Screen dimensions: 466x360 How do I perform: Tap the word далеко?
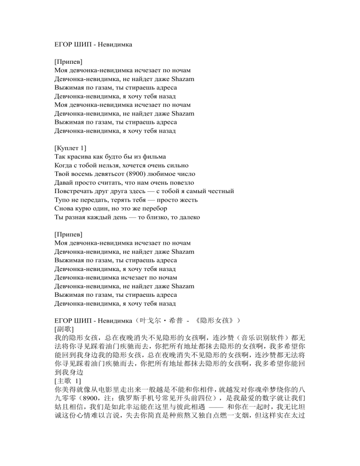(187, 217)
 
